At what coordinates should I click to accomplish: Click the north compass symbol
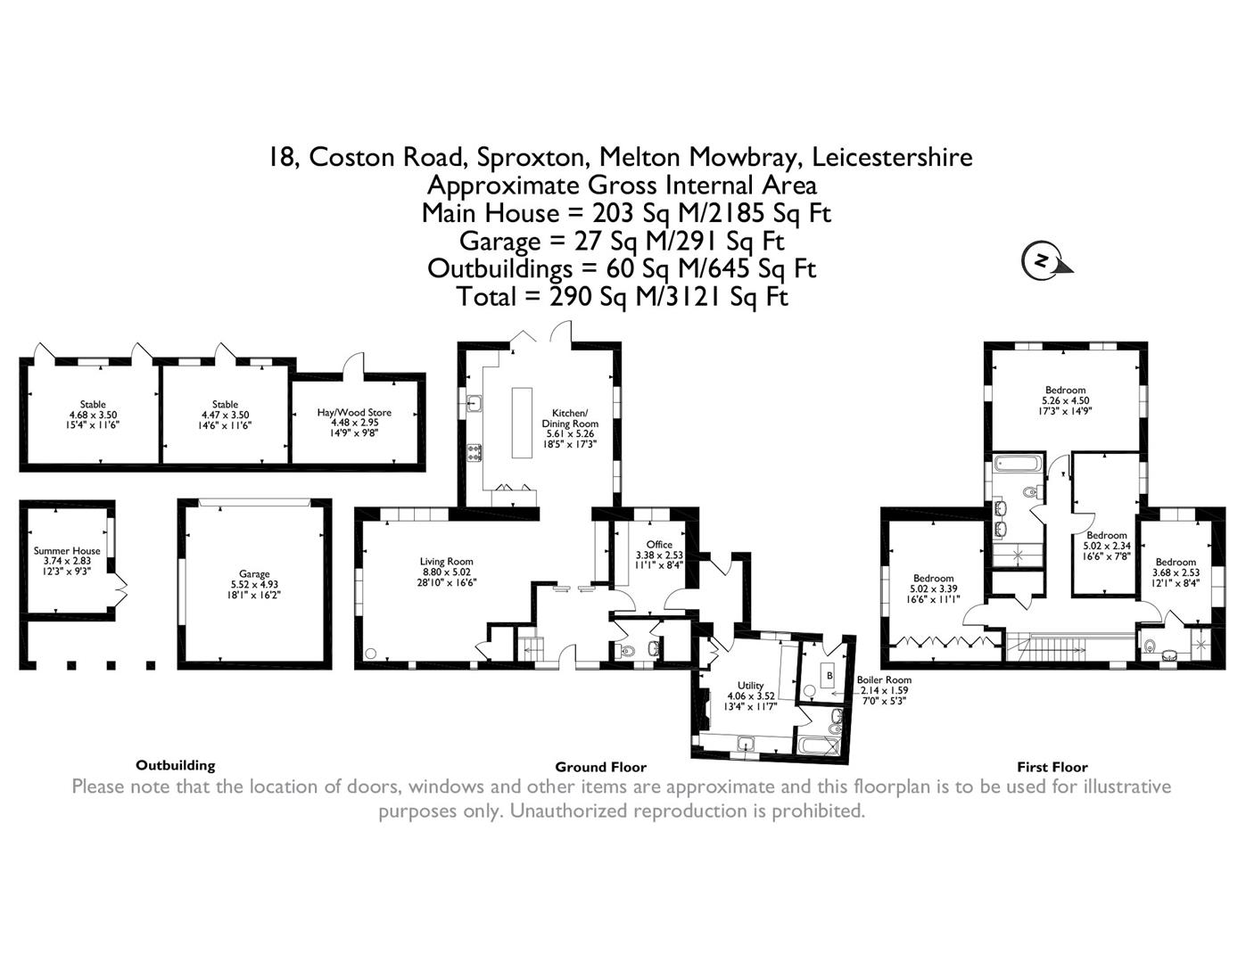coord(1042,260)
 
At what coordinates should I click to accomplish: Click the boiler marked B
coord(829,676)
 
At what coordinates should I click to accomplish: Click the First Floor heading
coord(1052,767)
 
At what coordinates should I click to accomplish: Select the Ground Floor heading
coord(600,767)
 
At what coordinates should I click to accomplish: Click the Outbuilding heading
coord(176,765)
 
